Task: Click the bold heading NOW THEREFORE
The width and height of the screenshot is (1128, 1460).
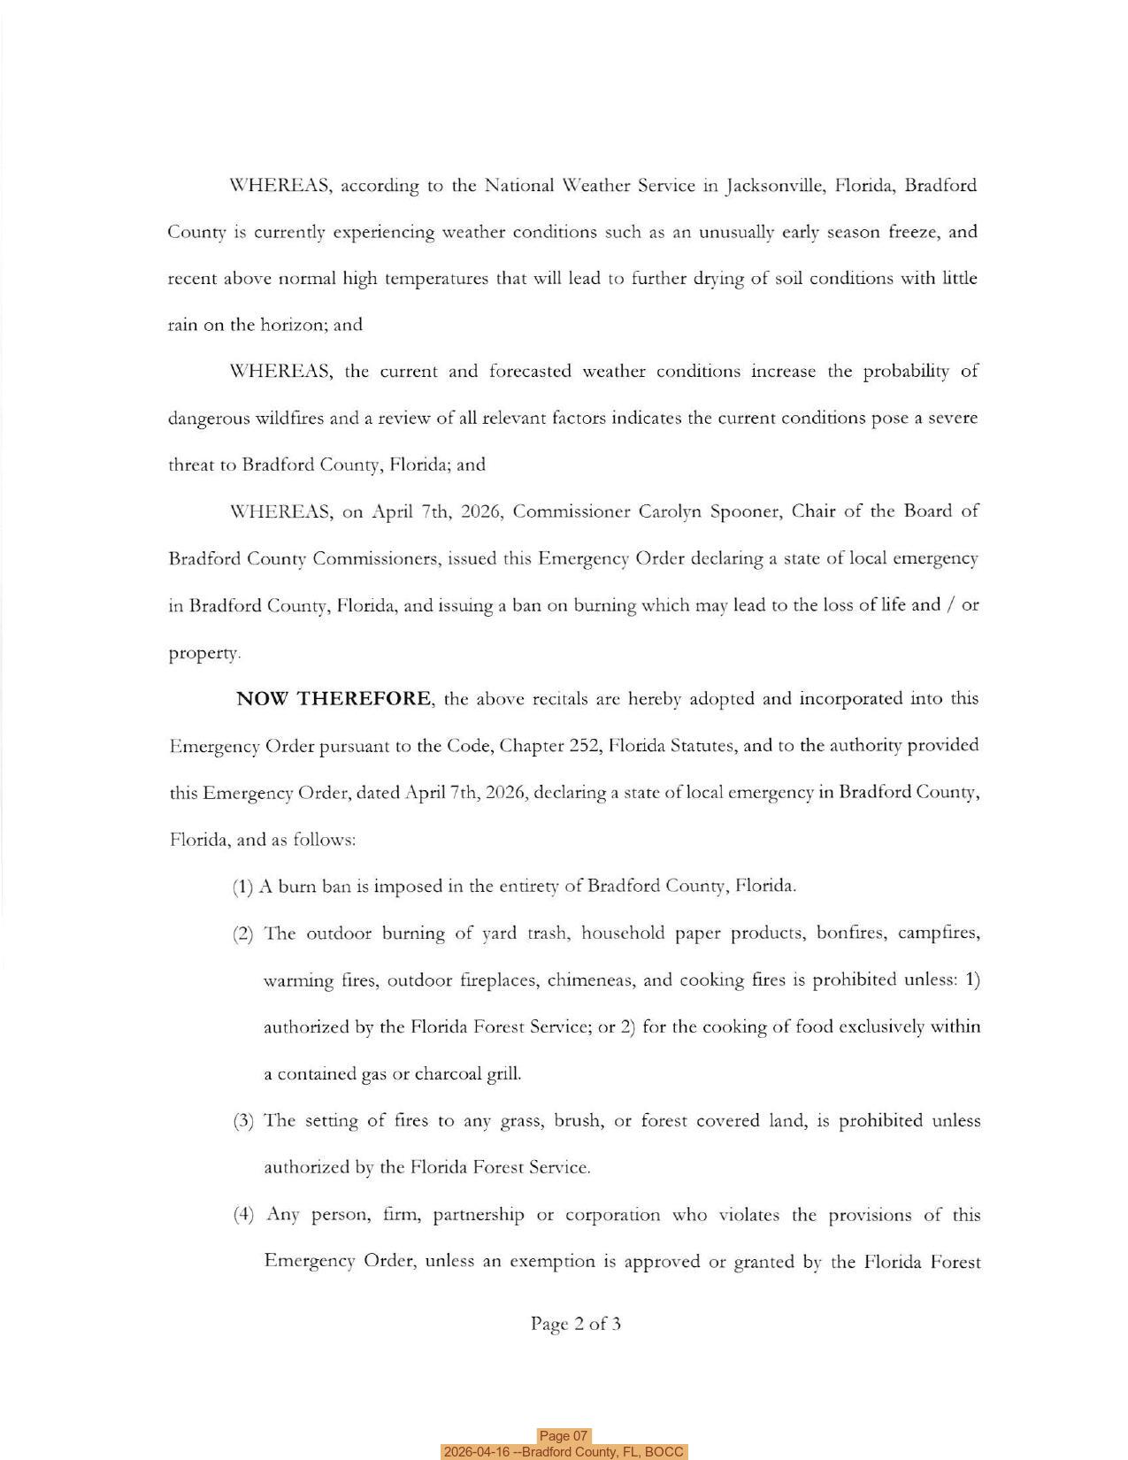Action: point(334,699)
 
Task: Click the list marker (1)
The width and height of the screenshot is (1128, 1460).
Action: point(243,887)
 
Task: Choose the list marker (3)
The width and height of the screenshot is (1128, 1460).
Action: point(243,1121)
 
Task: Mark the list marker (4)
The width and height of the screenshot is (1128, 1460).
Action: point(243,1214)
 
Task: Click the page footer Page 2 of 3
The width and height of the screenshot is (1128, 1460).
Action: point(576,1324)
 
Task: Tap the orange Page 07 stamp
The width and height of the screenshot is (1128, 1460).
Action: point(564,1435)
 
